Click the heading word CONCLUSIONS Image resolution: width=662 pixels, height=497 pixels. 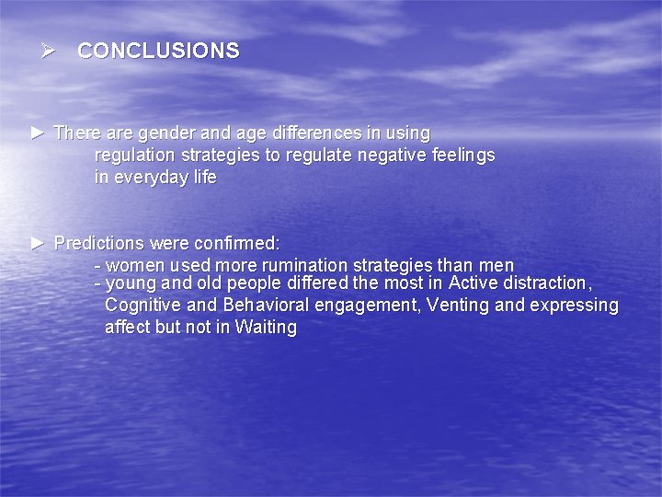pos(158,52)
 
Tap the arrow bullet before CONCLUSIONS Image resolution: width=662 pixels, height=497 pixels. pos(48,51)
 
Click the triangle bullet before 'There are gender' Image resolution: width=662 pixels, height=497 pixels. pos(37,133)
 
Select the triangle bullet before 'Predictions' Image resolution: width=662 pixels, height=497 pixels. pos(37,244)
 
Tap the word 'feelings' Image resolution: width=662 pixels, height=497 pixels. pos(462,156)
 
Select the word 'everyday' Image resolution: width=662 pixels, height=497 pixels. pos(150,178)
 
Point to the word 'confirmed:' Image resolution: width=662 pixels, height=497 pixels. pos(237,244)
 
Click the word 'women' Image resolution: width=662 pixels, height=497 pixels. pos(131,266)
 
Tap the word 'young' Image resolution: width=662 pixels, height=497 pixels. pos(131,283)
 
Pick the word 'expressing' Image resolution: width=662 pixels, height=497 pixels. pos(575,306)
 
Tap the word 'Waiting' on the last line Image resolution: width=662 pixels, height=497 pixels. pos(266,327)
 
